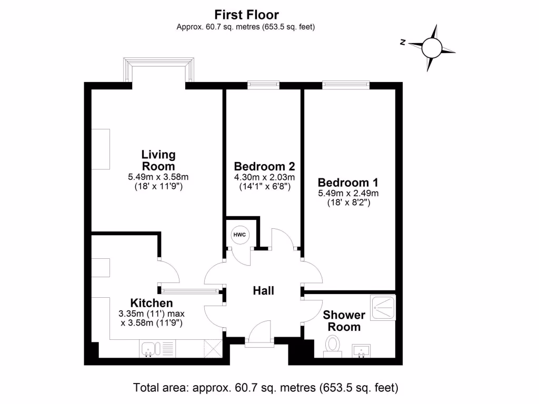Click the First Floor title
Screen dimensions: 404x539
[x=246, y=15]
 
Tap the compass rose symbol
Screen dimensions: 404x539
[x=432, y=48]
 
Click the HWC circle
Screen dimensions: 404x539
[x=238, y=235]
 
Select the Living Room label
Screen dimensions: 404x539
[x=158, y=160]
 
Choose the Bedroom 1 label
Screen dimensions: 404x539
[x=348, y=183]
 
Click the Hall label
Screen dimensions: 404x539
[x=264, y=290]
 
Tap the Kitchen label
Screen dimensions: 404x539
[x=152, y=303]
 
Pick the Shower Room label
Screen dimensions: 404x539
[x=344, y=321]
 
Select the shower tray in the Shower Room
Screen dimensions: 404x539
[x=383, y=308]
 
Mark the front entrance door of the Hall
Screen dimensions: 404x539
[x=260, y=337]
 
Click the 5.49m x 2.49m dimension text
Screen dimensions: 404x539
[x=348, y=193]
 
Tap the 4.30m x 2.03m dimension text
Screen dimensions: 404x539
[x=264, y=177]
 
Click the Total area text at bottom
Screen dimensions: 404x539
[x=266, y=388]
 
